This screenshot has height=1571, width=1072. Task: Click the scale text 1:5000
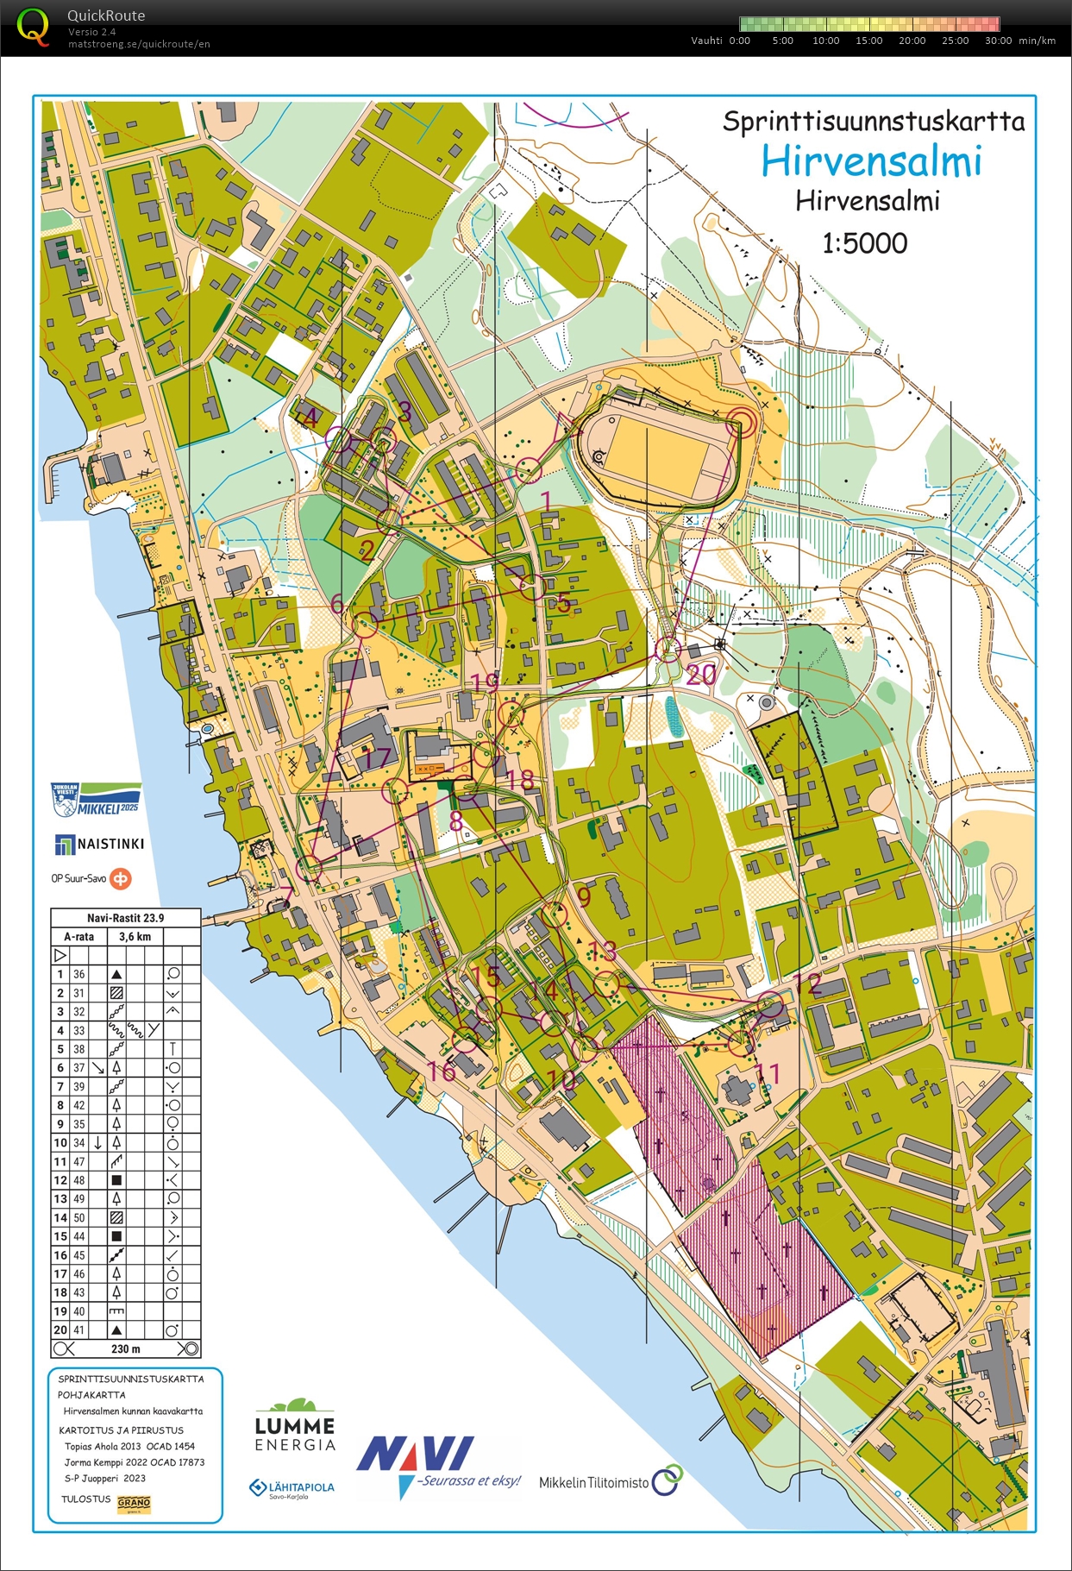point(864,243)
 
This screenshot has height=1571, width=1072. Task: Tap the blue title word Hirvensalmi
point(871,161)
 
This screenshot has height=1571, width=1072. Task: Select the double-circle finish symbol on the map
point(740,423)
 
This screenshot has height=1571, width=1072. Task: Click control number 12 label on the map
point(807,983)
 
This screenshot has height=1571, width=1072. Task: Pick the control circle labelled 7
point(310,869)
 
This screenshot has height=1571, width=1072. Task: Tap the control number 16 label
point(442,1071)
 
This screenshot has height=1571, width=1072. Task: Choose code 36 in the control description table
point(79,974)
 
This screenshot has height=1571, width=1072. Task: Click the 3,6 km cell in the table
point(135,936)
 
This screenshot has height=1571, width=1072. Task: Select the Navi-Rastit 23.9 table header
point(125,918)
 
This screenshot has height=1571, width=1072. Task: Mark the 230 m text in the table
point(125,1348)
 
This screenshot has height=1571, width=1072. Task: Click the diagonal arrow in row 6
point(97,1068)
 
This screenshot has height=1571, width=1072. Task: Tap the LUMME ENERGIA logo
point(295,1425)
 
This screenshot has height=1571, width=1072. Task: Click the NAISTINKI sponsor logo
point(99,844)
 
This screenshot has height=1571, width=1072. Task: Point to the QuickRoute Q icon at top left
point(33,27)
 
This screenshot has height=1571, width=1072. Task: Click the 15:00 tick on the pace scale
point(868,41)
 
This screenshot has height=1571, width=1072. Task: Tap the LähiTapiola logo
point(292,1487)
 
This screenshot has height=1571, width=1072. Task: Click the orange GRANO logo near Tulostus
point(134,1503)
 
